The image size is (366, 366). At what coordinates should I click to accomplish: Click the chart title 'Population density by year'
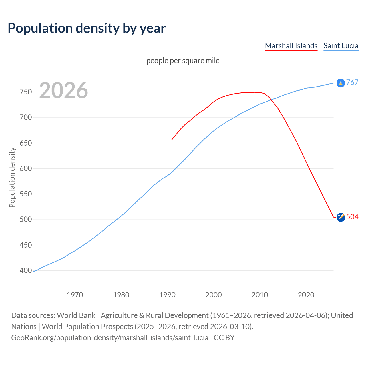pyautogui.click(x=87, y=28)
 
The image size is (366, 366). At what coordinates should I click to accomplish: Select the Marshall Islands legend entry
pyautogui.click(x=291, y=46)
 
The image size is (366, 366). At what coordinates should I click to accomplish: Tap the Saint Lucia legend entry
pyautogui.click(x=341, y=46)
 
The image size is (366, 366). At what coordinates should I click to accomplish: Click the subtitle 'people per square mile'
pyautogui.click(x=183, y=61)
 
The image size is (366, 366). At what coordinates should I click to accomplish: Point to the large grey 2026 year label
pyautogui.click(x=63, y=90)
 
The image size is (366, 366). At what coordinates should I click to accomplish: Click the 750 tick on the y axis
pyautogui.click(x=26, y=92)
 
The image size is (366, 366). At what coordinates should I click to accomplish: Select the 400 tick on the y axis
pyautogui.click(x=26, y=270)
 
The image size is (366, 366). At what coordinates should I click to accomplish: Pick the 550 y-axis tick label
pyautogui.click(x=26, y=194)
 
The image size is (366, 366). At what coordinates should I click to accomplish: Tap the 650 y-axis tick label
pyautogui.click(x=26, y=143)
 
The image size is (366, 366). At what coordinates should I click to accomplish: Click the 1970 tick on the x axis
pyautogui.click(x=75, y=295)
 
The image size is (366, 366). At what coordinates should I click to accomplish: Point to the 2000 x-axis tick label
pyautogui.click(x=214, y=295)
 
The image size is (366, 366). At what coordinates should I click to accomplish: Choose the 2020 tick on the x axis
pyautogui.click(x=306, y=295)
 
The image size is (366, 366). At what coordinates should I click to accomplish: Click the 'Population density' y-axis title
pyautogui.click(x=12, y=177)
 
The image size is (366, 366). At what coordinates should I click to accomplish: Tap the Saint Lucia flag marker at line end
pyautogui.click(x=341, y=83)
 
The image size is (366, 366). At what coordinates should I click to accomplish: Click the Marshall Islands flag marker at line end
pyautogui.click(x=341, y=217)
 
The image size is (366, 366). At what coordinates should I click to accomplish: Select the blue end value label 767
pyautogui.click(x=352, y=83)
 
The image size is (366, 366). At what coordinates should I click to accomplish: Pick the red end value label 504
pyautogui.click(x=352, y=217)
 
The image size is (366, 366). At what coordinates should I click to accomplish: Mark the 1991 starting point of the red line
pyautogui.click(x=172, y=140)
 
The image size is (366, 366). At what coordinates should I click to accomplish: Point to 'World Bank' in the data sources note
pyautogui.click(x=76, y=315)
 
